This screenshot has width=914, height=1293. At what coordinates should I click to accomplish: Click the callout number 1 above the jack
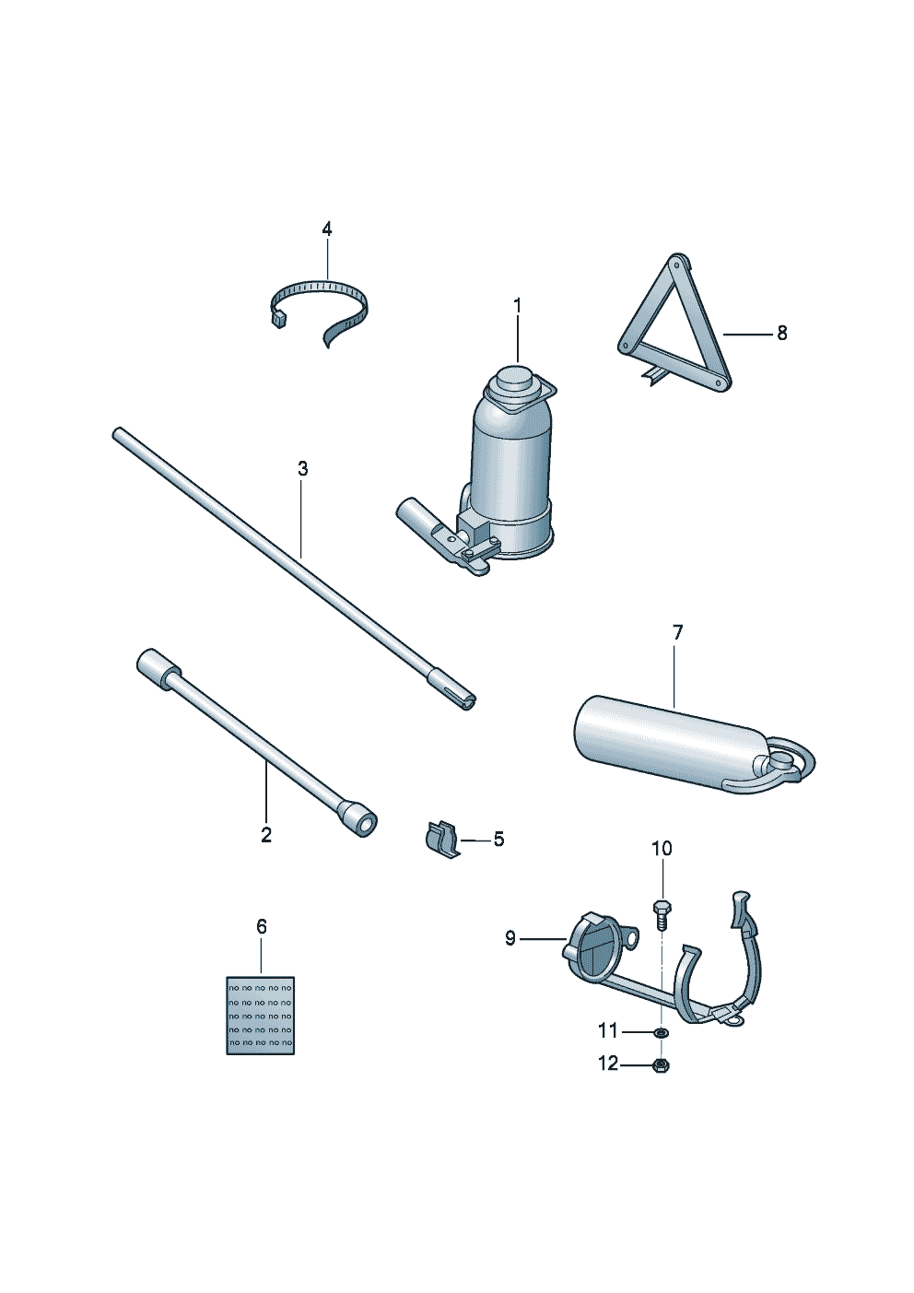[517, 305]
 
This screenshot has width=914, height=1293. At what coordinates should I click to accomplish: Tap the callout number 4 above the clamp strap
[326, 229]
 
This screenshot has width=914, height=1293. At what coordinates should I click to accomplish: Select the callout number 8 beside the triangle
[781, 334]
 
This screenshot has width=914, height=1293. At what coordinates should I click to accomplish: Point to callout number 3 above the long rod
[302, 469]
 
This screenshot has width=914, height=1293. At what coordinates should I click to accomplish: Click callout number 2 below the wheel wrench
[266, 835]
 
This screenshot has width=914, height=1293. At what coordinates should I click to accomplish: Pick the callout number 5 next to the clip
[498, 840]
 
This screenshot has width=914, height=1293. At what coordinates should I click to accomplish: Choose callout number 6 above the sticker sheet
[262, 926]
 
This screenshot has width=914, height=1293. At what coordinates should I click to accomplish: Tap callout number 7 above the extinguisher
[677, 633]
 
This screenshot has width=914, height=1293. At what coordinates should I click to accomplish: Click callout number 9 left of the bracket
[510, 938]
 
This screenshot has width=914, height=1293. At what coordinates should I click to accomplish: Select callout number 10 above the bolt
[662, 849]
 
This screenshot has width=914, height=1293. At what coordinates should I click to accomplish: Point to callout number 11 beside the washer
[608, 1031]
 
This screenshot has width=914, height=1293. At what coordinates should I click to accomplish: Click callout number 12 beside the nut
[608, 1064]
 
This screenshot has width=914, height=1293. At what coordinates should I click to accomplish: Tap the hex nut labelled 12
[661, 1065]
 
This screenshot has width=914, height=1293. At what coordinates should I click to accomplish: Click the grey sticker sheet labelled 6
[260, 1015]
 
